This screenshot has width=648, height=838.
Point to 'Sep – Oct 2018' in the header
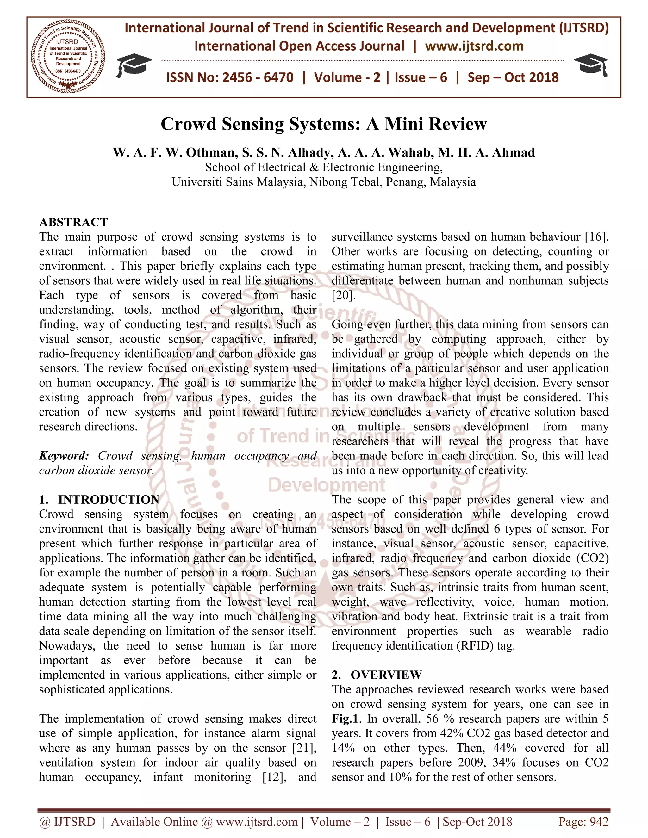tap(513, 77)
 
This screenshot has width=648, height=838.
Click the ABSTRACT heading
tap(74, 222)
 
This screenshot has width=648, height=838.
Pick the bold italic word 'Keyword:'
tap(64, 456)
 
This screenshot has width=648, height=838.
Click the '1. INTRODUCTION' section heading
tap(99, 500)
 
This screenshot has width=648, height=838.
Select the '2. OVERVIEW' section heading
tap(377, 675)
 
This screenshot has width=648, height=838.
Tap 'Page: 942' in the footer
tap(583, 822)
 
